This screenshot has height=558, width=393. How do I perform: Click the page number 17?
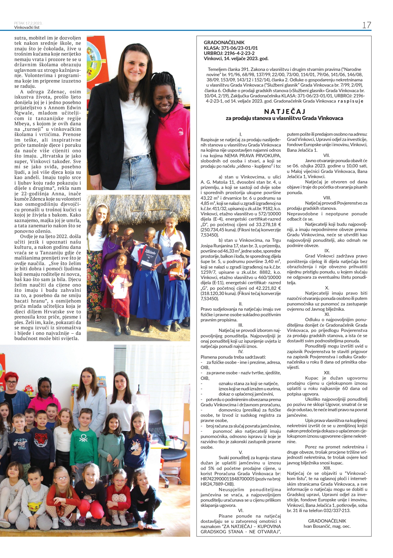coord(366,25)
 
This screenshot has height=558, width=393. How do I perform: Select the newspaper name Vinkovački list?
coord(27,28)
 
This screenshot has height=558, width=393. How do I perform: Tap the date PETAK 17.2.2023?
coord(28,23)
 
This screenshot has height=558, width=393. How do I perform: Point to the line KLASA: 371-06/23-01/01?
coord(231,48)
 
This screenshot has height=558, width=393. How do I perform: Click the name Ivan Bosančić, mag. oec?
coord(327,526)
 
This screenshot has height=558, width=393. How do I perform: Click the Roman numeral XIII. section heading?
coord(327,468)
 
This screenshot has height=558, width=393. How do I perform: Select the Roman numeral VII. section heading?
coord(327,155)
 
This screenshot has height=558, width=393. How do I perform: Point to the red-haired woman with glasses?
coord(12,384)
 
